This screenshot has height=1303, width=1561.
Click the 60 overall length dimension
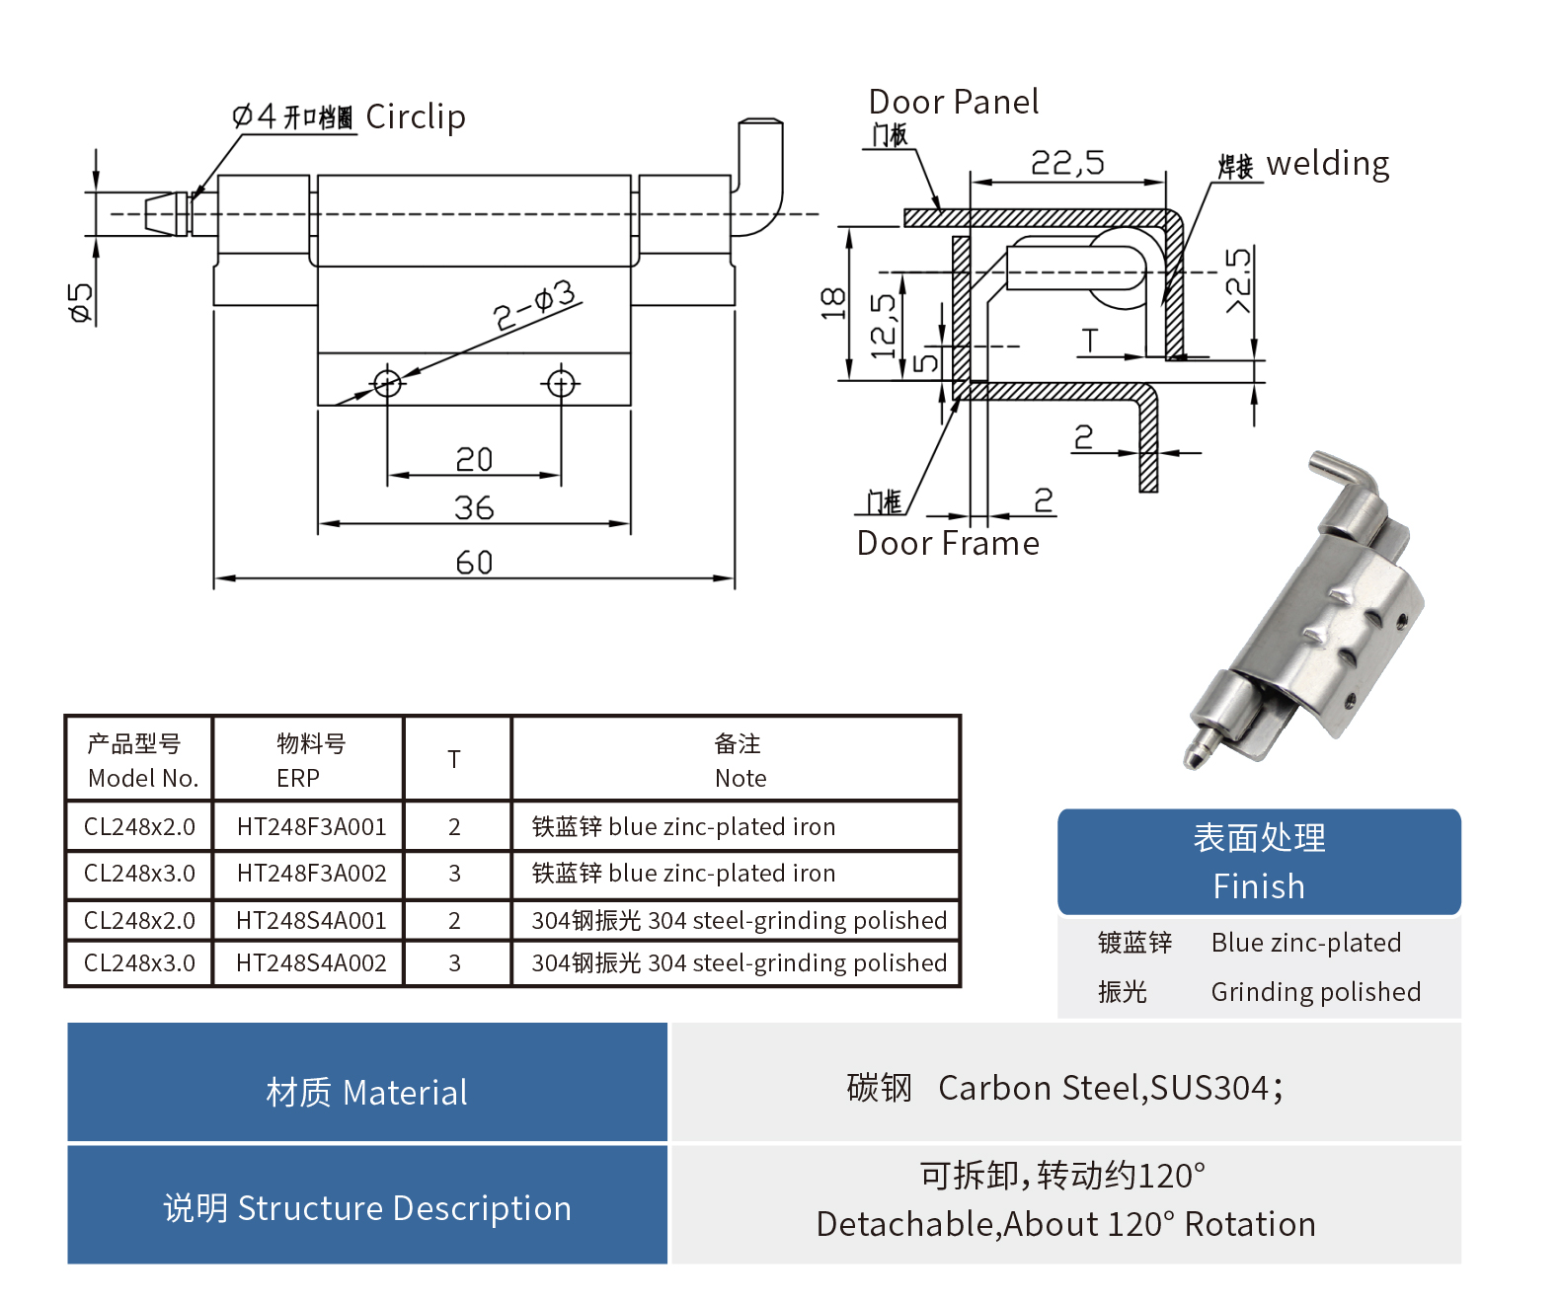tap(474, 563)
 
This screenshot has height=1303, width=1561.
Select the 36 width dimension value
tap(474, 508)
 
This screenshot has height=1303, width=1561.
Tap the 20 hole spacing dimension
tap(474, 460)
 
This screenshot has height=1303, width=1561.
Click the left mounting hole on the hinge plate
tap(387, 382)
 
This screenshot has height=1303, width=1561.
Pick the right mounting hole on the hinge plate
tap(562, 382)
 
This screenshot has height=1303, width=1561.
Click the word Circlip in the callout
tap(416, 116)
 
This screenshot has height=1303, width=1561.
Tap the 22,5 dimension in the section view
tap(1067, 163)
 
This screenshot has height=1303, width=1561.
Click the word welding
tap(1327, 164)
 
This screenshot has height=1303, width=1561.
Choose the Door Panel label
tap(953, 102)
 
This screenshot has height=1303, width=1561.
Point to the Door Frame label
tap(948, 543)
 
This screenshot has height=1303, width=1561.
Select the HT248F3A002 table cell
tap(311, 874)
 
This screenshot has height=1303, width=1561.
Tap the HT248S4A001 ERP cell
tap(311, 921)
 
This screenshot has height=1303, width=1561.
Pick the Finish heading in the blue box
tap(1259, 885)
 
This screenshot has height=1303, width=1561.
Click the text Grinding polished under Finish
tap(1315, 992)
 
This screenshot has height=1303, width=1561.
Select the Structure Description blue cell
tap(367, 1207)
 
